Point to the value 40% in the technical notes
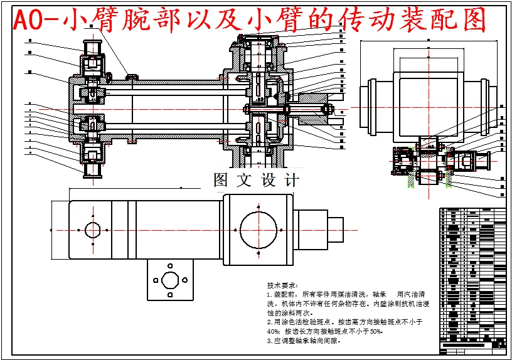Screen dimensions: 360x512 (273, 331)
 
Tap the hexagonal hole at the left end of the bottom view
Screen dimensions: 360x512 (93, 230)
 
